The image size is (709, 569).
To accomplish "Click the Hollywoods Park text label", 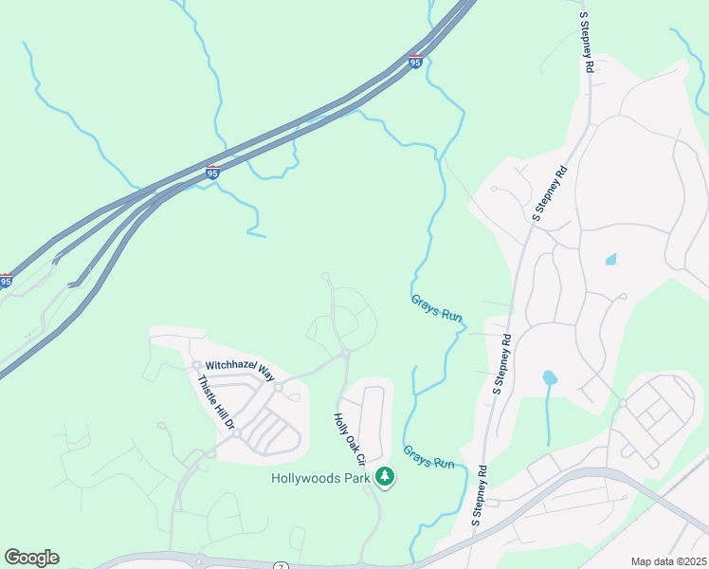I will click(x=320, y=478).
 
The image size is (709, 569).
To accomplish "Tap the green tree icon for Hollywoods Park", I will click(x=384, y=477).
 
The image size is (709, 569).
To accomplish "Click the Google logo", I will click(x=31, y=558).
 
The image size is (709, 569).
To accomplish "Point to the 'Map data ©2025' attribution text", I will click(x=668, y=561).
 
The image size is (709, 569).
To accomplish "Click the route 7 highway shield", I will click(x=281, y=566).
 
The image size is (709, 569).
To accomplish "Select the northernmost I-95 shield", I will click(x=415, y=61).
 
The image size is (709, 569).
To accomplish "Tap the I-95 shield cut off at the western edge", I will click(x=6, y=281).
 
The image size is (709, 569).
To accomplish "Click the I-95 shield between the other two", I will click(x=212, y=173).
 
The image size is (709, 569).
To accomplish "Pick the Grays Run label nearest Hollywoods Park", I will click(x=429, y=457).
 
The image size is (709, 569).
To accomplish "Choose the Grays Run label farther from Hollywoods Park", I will click(x=436, y=307).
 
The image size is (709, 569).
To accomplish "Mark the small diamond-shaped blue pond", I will click(x=610, y=259).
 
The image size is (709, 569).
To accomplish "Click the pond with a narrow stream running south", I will click(x=550, y=378).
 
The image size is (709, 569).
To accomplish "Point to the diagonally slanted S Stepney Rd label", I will click(x=550, y=194).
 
